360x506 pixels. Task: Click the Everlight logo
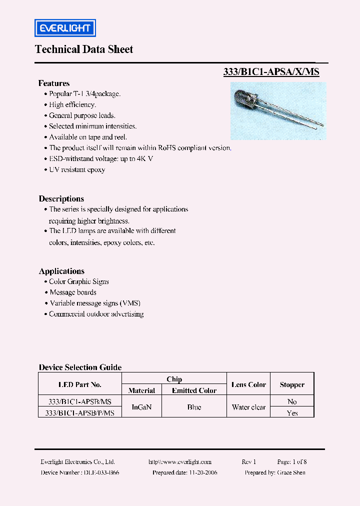click(x=64, y=28)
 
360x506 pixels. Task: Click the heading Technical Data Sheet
click(x=84, y=49)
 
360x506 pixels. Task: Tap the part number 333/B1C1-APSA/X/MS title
click(x=271, y=72)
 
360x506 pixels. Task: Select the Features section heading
click(x=54, y=83)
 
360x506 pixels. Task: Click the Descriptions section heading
click(x=61, y=198)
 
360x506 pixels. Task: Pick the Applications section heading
click(x=61, y=271)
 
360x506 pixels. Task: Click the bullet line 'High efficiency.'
click(x=72, y=105)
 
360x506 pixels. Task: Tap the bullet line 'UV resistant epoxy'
click(x=77, y=169)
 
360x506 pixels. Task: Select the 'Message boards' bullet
click(x=73, y=292)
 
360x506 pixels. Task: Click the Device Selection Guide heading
click(x=80, y=367)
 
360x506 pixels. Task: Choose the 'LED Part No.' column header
click(x=79, y=384)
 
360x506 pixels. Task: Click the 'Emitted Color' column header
click(x=194, y=390)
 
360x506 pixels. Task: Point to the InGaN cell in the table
click(x=141, y=407)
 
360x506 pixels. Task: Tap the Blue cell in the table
click(x=194, y=407)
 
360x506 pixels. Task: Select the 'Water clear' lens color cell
click(x=248, y=407)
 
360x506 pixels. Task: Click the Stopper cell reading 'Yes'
click(x=292, y=413)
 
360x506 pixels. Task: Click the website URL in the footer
click(x=180, y=462)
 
